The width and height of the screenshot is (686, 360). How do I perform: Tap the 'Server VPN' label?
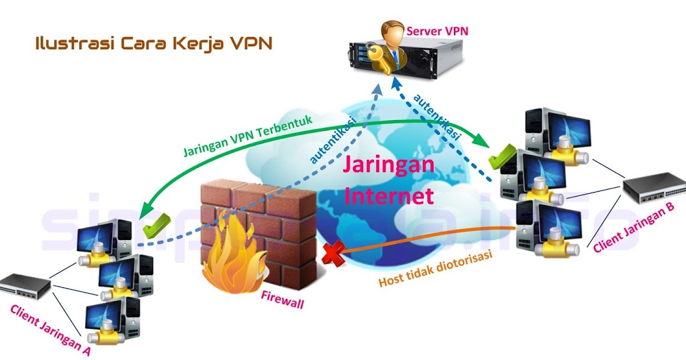click(x=437, y=30)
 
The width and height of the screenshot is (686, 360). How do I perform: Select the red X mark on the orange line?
click(x=333, y=253)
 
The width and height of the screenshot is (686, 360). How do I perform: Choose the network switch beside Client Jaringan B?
click(x=653, y=187)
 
